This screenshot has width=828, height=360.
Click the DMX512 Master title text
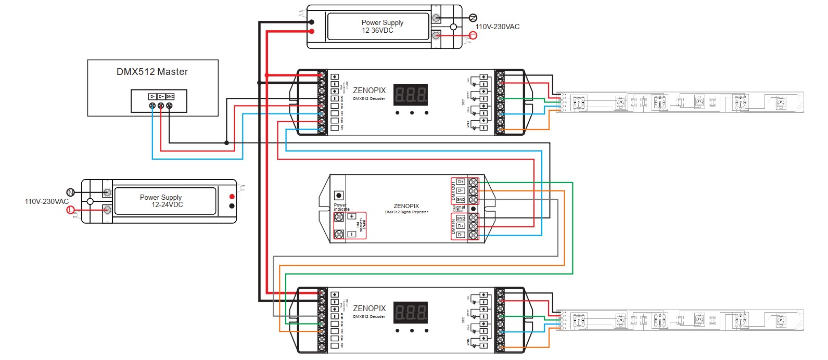[x=152, y=72]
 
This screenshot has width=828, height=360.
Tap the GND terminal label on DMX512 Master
[x=170, y=97]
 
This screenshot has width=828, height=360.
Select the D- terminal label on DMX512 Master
[x=152, y=97]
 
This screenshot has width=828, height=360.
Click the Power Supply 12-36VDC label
[x=382, y=27]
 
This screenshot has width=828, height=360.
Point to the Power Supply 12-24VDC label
[x=161, y=201]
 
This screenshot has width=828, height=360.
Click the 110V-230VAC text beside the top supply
[x=497, y=27]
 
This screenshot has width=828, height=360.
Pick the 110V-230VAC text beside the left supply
[x=46, y=201]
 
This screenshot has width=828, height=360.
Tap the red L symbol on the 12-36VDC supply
[x=473, y=35]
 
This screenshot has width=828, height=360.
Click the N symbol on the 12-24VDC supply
[x=71, y=193]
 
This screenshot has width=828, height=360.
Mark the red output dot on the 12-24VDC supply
[x=232, y=197]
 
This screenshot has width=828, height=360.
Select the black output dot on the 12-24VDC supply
[x=232, y=206]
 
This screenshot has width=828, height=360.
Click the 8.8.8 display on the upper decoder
[x=411, y=95]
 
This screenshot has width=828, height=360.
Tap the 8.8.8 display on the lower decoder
[x=411, y=312]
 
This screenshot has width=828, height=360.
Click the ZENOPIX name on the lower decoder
[x=370, y=308]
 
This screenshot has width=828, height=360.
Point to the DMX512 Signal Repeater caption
[x=406, y=212]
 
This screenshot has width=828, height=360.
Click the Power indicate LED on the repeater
[x=339, y=196]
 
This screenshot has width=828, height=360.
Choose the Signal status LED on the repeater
[x=473, y=209]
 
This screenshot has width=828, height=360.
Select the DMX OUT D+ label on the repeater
[x=461, y=182]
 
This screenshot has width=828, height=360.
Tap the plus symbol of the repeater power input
[x=352, y=216]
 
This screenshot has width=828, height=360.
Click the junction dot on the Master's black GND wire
[x=226, y=143]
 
